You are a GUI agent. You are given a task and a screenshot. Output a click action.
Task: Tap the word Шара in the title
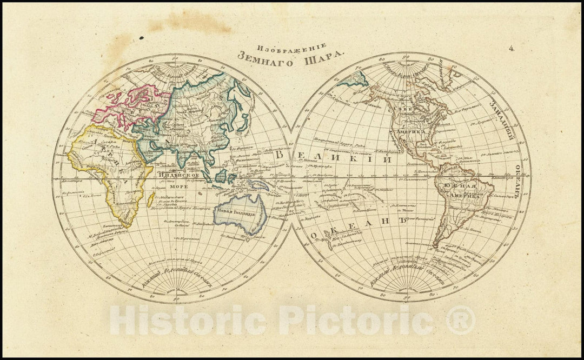pos(326,56)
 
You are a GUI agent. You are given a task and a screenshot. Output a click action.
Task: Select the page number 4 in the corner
pos(511,48)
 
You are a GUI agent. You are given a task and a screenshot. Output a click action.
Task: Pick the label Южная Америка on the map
pos(460,191)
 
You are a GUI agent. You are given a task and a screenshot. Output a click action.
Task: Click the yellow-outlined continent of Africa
pos(108,168)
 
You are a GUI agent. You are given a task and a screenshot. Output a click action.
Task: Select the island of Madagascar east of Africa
pos(150,199)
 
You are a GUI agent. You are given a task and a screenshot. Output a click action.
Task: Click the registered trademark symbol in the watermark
pos(460,320)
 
